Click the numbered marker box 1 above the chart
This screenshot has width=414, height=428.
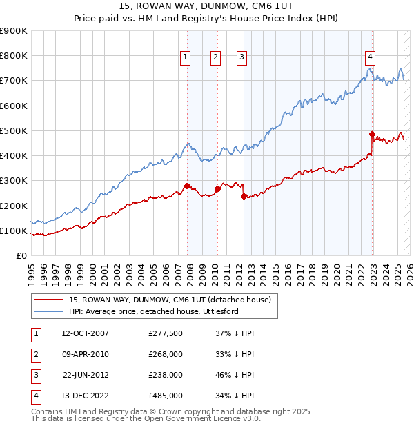(186, 57)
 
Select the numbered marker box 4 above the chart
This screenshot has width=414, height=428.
(371, 57)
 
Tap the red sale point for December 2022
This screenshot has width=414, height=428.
(372, 134)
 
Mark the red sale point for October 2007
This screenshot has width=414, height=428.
(187, 186)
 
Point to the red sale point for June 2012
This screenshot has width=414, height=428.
(244, 196)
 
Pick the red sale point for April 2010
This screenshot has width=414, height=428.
(217, 188)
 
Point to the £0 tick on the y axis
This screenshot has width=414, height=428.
(21, 255)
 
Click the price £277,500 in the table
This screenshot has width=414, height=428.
(166, 333)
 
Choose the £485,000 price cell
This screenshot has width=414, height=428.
(166, 396)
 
